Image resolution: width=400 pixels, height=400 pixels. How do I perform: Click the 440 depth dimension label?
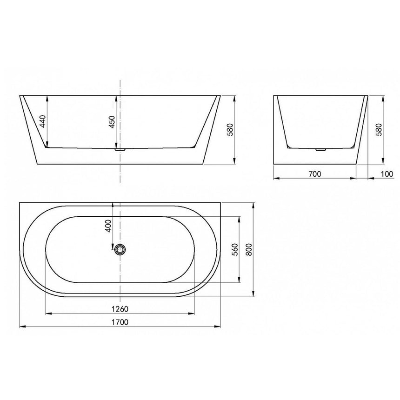click(x=42, y=122)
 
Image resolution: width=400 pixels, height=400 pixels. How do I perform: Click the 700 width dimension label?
click(x=315, y=174)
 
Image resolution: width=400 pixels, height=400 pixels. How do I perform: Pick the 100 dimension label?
click(x=387, y=174)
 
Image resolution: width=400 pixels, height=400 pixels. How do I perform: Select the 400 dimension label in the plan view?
click(x=108, y=226)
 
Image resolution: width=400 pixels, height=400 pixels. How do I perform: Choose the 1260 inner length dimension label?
click(x=120, y=309)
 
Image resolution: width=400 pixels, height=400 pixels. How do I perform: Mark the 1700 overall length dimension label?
click(x=120, y=322)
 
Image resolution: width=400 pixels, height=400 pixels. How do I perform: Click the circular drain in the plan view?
click(x=120, y=249)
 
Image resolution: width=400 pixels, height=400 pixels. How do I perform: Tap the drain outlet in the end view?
click(x=320, y=150)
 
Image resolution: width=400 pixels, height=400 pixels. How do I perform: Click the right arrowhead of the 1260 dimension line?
click(x=197, y=313)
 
